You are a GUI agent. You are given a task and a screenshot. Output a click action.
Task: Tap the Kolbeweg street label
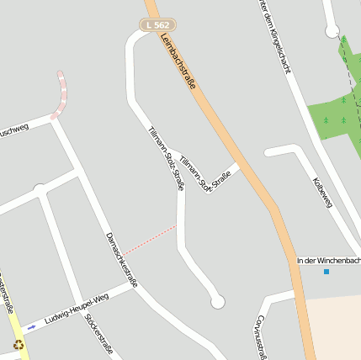click(x=323, y=193)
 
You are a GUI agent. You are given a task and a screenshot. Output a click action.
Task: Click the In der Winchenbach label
click(x=328, y=260)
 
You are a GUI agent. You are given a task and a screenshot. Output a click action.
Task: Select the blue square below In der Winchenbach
click(x=326, y=271)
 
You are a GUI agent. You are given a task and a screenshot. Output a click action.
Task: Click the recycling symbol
click(x=19, y=344)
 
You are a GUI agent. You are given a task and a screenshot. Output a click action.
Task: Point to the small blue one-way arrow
click(x=32, y=327)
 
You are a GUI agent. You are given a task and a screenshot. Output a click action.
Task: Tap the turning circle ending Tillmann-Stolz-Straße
click(x=218, y=301)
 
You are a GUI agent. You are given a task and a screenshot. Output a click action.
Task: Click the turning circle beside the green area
click(x=332, y=32)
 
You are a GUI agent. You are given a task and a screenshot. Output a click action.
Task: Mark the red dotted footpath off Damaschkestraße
click(x=151, y=239)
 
